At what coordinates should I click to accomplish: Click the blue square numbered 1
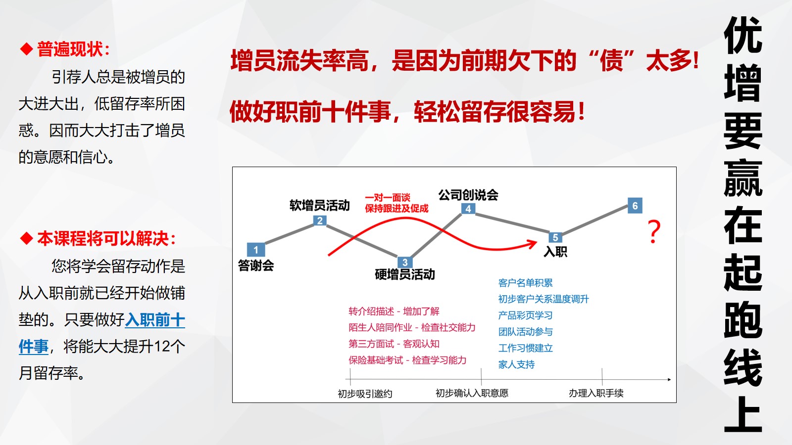tap(255, 250)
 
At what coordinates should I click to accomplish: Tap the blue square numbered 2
tap(320, 221)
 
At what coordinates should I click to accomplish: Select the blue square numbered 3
tap(405, 262)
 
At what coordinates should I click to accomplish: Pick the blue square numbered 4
tap(468, 208)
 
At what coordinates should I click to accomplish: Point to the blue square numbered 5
tap(555, 237)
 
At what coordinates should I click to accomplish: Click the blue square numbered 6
tap(635, 206)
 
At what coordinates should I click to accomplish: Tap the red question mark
tap(654, 232)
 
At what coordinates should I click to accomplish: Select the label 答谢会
tap(256, 265)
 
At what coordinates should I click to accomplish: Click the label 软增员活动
tap(320, 205)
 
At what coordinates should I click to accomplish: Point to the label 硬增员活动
tap(405, 274)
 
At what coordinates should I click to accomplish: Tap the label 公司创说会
tap(468, 195)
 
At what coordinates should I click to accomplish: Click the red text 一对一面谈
tap(388, 197)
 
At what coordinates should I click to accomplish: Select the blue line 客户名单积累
tap(525, 282)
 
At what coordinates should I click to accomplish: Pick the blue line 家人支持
tap(516, 364)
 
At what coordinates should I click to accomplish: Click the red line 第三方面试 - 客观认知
tap(394, 344)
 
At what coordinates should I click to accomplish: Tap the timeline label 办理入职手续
tap(596, 393)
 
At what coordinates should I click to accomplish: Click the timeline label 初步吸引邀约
tap(365, 394)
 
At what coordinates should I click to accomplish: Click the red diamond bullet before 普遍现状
tap(27, 49)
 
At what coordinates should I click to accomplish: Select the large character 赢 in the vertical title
tap(743, 178)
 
